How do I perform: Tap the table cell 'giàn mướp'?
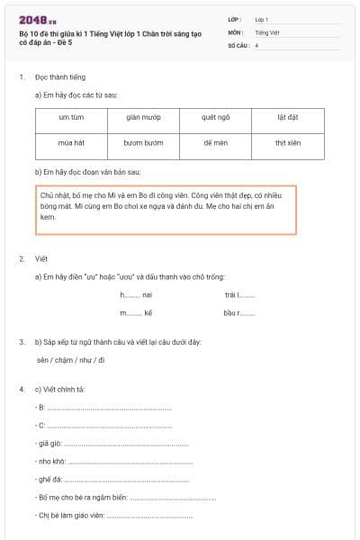click(x=143, y=117)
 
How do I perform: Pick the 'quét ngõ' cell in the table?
click(x=216, y=117)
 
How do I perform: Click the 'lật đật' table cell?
click(x=287, y=117)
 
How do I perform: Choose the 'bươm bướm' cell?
click(x=143, y=142)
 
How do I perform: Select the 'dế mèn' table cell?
click(x=216, y=142)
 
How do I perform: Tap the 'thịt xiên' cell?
click(x=287, y=142)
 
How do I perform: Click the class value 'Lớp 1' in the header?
click(x=262, y=18)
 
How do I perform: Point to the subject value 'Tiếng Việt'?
click(x=267, y=31)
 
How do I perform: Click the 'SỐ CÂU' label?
click(x=238, y=44)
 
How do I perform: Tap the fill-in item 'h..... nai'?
click(x=136, y=294)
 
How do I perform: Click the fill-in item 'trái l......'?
click(x=240, y=294)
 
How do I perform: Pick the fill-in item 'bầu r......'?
click(x=239, y=313)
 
